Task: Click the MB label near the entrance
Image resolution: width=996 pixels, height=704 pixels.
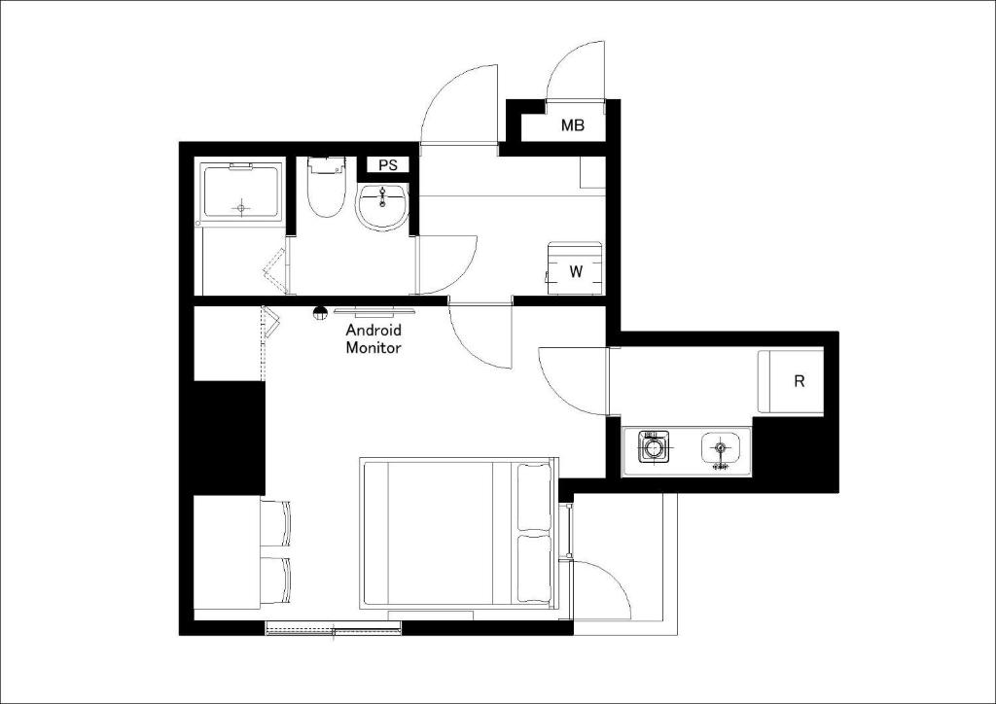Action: [572, 125]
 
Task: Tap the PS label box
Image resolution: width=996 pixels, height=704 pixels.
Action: [388, 165]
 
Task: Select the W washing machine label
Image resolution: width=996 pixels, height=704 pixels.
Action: [576, 271]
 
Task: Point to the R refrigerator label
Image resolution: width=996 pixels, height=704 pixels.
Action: [800, 381]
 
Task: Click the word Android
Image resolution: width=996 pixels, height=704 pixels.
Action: [373, 330]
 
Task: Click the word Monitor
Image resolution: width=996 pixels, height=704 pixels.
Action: [373, 348]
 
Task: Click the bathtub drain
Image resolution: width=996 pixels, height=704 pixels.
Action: [241, 207]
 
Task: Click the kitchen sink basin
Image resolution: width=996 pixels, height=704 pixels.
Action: [721, 449]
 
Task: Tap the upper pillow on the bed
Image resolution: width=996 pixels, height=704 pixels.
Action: [534, 497]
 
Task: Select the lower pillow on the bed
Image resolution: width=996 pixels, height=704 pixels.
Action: [534, 568]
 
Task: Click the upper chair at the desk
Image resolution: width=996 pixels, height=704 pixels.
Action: [274, 522]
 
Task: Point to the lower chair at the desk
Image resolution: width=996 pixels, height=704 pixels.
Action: [274, 580]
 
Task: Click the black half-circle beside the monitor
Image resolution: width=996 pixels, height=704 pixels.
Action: [319, 311]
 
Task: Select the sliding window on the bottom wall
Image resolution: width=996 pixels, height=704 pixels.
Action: [333, 628]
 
